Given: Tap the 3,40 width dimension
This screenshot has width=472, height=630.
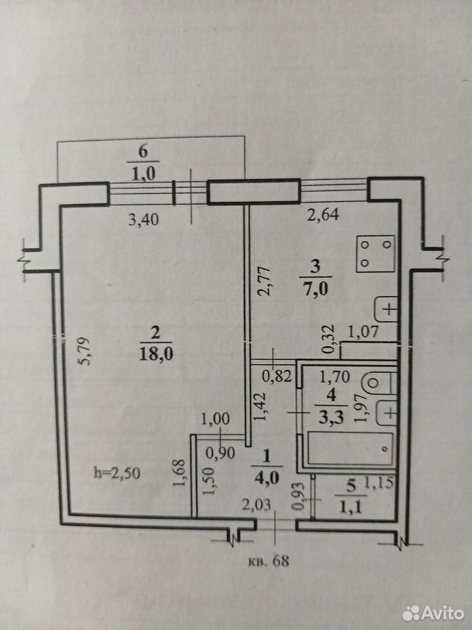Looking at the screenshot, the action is tap(144, 220).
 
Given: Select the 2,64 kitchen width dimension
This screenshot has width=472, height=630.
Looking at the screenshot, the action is tap(323, 215).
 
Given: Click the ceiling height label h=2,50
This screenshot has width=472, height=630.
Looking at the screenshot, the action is tap(117, 473).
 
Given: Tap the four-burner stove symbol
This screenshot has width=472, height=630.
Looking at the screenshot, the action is tap(376, 254).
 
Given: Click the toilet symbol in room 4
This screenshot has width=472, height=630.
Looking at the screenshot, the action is tap(379, 383).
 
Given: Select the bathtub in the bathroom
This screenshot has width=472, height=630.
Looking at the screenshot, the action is tap(349, 449).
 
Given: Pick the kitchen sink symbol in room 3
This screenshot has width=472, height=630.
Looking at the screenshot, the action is tap(385, 309).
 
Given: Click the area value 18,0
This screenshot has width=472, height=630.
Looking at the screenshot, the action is tap(156, 354).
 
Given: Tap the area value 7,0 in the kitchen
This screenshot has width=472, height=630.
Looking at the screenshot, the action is tap(316, 289).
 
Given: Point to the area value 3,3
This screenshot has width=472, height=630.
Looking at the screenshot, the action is tap(331, 418).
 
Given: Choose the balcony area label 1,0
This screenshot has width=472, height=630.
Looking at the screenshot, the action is tap(144, 174).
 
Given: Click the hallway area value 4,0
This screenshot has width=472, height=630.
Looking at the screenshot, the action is tap(267, 478).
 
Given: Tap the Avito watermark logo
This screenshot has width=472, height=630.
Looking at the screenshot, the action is tap(433, 613).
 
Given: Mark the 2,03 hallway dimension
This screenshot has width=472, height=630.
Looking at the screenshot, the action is tap(256, 505).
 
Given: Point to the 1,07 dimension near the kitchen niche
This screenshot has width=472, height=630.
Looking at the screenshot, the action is tap(363, 332).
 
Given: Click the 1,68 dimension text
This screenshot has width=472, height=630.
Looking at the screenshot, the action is tap(180, 473).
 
